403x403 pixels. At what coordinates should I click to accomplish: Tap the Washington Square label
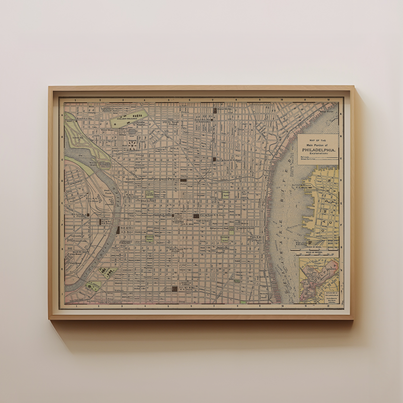[225, 239]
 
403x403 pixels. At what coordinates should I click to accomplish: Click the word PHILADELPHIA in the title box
[319, 150]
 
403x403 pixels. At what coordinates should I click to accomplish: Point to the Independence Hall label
[219, 228]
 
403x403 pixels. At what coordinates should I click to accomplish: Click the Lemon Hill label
[76, 137]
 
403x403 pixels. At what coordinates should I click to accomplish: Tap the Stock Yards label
[107, 192]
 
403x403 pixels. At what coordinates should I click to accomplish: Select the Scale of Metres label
[314, 252]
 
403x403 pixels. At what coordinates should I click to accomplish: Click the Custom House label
[246, 228]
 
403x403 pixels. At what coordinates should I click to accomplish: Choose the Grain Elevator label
[133, 179]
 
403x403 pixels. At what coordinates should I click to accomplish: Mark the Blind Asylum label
[148, 201]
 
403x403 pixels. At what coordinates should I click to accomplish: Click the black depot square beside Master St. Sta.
[215, 110]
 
